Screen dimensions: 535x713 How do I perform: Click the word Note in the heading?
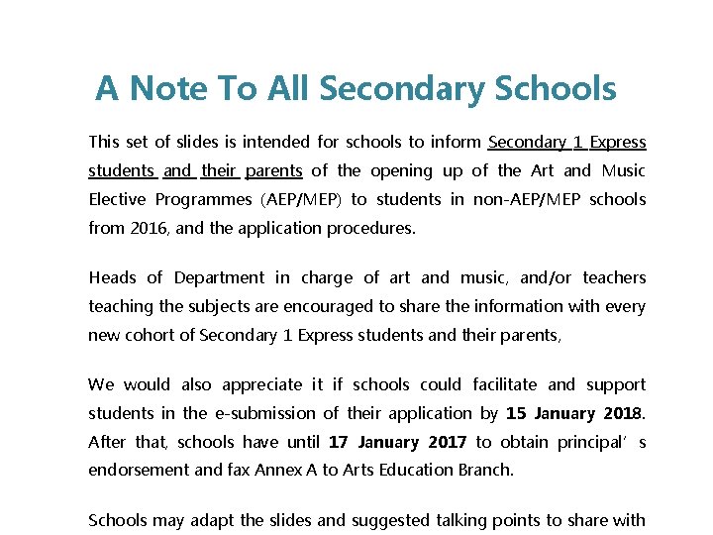point(169,89)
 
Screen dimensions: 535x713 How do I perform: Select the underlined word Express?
point(618,142)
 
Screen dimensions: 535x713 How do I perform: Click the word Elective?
point(119,199)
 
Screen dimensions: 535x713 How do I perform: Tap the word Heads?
point(112,277)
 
